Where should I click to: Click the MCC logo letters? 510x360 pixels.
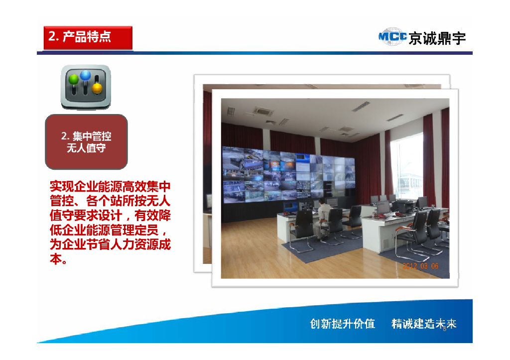[392, 37]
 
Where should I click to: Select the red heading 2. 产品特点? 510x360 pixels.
[80, 37]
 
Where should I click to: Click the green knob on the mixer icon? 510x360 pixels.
[74, 79]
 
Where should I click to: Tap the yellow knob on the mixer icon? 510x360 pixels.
[97, 88]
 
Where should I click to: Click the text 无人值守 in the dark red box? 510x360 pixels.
[86, 148]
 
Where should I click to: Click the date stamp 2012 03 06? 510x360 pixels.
[420, 266]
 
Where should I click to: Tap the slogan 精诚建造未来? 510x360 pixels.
[424, 324]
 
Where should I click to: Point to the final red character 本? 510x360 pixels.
[55, 259]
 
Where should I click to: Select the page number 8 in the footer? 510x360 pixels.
[444, 328]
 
